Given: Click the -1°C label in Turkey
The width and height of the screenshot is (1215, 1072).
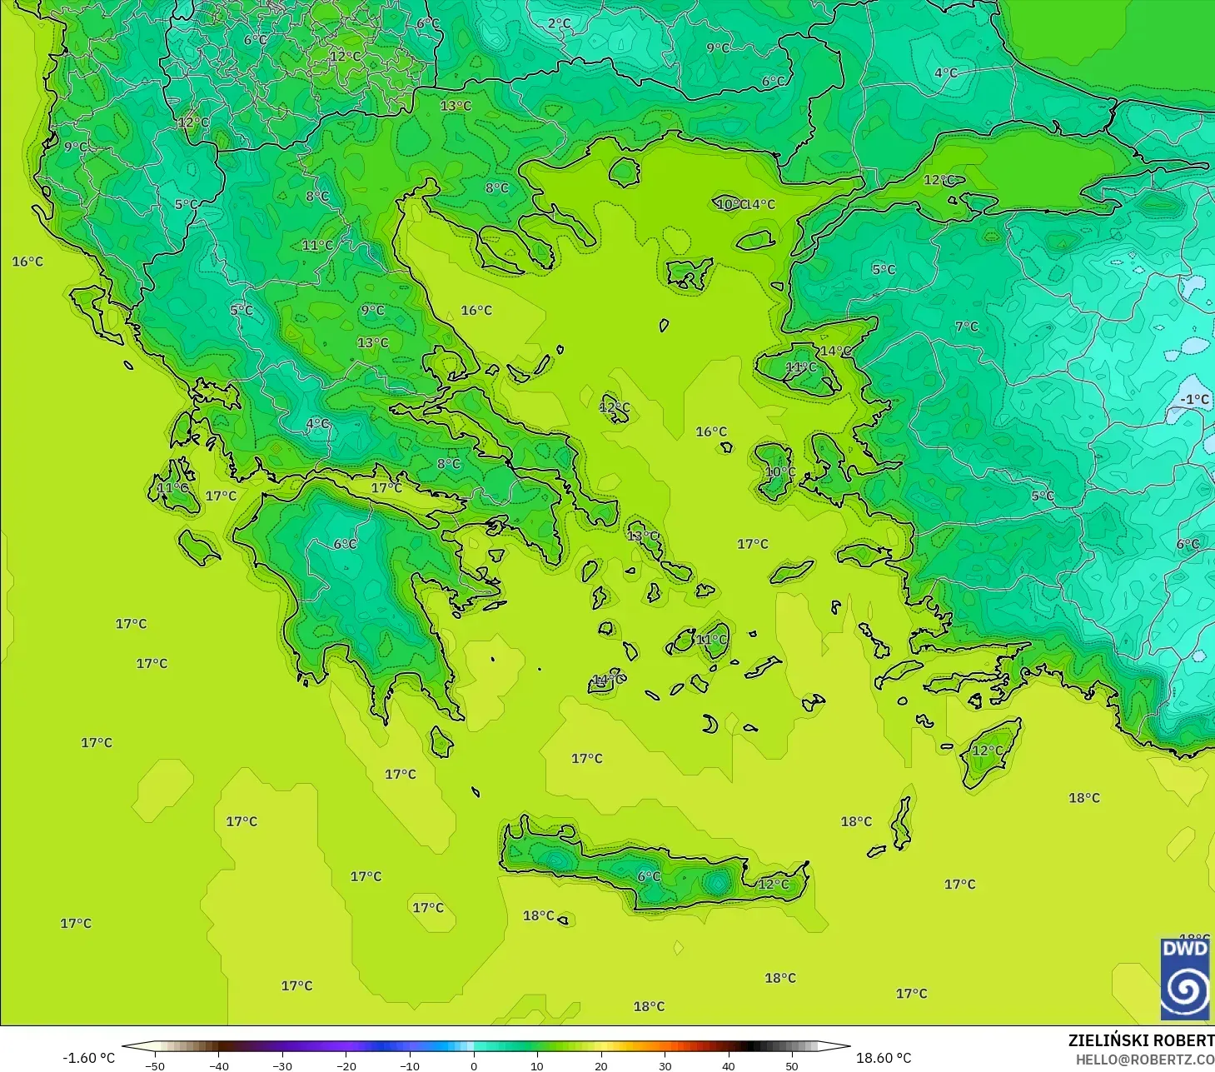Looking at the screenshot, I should [x=1194, y=400].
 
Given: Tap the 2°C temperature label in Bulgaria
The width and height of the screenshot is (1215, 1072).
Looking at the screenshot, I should [x=560, y=24].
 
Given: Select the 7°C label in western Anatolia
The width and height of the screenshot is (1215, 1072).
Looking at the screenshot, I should [x=967, y=327].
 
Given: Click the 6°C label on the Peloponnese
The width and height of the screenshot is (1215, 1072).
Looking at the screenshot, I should [x=345, y=544].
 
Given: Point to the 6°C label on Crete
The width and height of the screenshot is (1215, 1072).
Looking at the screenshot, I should [x=649, y=876].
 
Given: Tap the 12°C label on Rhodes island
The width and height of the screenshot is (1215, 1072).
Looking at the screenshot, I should [x=988, y=750].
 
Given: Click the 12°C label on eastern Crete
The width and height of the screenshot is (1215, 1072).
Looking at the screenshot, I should [x=773, y=884].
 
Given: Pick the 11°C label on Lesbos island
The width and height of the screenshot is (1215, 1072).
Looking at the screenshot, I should [x=801, y=367].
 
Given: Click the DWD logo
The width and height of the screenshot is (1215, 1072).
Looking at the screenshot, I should [x=1185, y=979].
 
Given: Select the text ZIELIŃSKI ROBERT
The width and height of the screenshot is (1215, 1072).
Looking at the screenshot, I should [x=1141, y=1040].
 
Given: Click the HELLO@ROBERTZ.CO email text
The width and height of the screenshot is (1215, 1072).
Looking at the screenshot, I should [x=1144, y=1060].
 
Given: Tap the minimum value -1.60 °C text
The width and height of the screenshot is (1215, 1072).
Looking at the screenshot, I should [x=88, y=1058].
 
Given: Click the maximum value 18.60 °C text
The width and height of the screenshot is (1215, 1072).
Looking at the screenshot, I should [x=884, y=1058].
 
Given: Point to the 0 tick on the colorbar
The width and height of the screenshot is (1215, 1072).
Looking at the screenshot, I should [x=473, y=1065].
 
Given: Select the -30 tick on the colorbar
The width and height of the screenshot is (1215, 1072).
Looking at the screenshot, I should [x=281, y=1065].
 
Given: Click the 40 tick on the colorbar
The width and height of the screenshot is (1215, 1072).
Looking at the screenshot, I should [x=728, y=1065].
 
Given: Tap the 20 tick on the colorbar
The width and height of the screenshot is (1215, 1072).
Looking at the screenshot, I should [x=600, y=1065].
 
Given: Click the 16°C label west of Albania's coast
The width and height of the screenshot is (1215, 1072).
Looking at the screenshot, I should [x=27, y=262].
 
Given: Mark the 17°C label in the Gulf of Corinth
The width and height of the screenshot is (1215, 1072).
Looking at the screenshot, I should [x=386, y=488].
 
